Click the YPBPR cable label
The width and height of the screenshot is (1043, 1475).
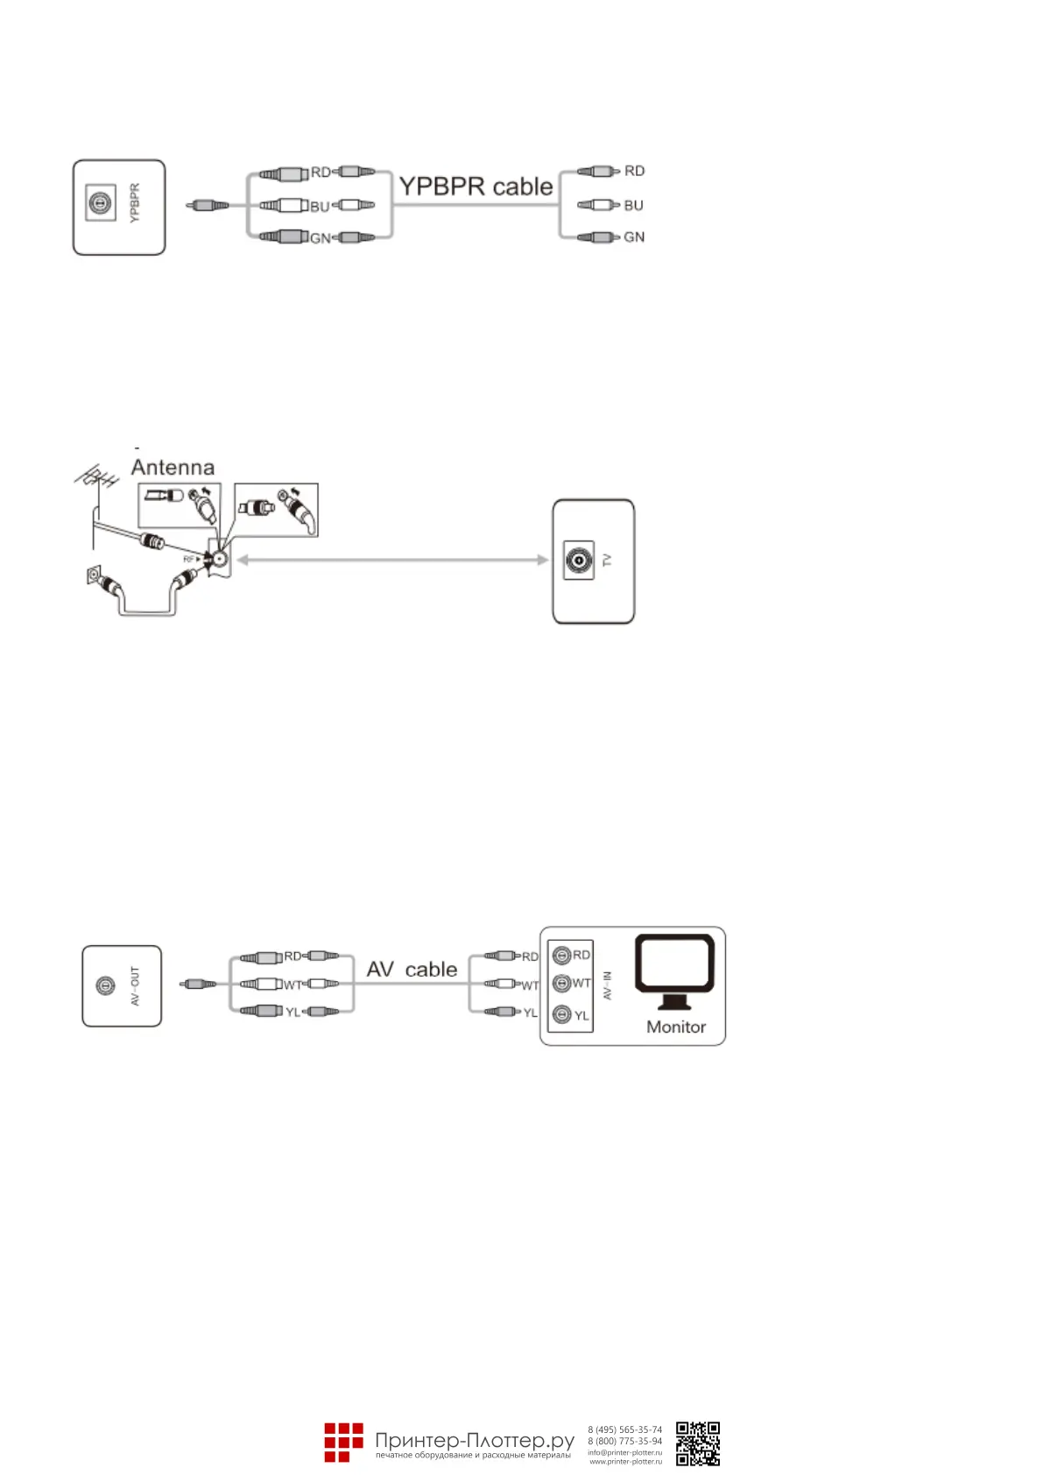coord(476,187)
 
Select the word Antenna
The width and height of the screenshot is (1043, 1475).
coord(173,467)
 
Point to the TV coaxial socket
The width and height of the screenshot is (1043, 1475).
coord(578,560)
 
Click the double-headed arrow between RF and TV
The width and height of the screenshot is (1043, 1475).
coord(392,560)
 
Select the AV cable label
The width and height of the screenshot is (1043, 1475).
coord(412,970)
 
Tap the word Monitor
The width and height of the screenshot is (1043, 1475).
coord(675,1027)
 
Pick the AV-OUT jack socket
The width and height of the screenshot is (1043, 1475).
coord(105,986)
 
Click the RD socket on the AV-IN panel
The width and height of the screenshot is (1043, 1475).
coord(562,956)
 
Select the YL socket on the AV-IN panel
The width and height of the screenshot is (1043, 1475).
coord(562,1015)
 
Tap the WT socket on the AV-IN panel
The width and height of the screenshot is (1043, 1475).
coord(562,984)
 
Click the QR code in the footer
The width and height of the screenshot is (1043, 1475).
coord(698,1443)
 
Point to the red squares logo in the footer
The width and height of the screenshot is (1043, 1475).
coord(343,1443)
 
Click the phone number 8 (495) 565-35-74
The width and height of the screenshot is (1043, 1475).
coord(624,1429)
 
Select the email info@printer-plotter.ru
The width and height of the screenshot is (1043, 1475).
coord(624,1452)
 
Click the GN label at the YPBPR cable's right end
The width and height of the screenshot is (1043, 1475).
coord(634,237)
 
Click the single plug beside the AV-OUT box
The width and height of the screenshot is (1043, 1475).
coord(198,985)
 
